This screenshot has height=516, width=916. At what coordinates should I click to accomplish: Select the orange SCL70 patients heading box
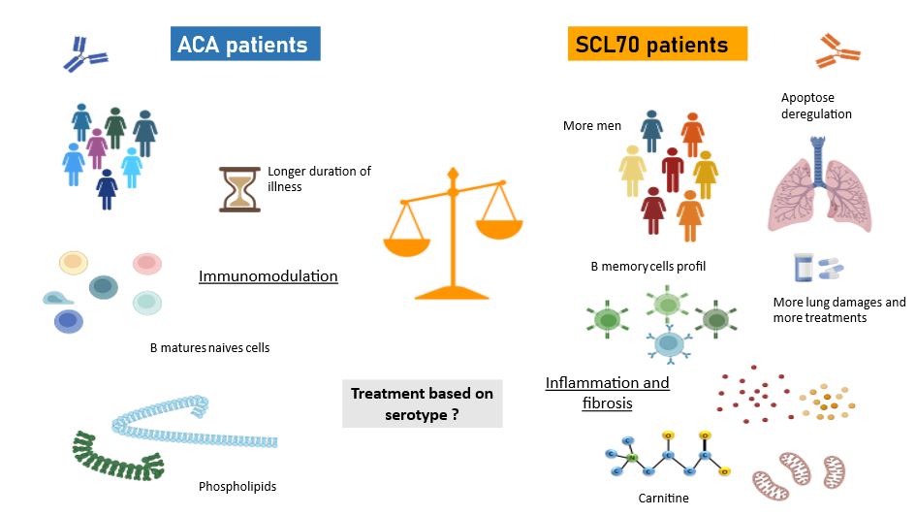[658, 44]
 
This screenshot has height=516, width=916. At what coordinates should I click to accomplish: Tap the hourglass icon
[237, 188]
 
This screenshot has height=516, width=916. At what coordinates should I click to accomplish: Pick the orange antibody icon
[839, 50]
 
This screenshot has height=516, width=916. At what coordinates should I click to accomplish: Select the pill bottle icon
[804, 268]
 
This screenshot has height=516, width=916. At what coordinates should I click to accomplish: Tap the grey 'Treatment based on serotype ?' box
[422, 403]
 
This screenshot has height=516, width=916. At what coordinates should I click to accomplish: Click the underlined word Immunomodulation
[268, 276]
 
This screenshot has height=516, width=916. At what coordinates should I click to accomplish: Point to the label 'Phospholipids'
[237, 486]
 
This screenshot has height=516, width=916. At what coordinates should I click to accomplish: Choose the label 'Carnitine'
[663, 498]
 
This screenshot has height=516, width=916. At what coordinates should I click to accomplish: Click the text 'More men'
[591, 126]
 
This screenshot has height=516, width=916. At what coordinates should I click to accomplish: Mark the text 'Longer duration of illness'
[319, 178]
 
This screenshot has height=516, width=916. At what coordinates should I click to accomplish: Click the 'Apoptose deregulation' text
[816, 106]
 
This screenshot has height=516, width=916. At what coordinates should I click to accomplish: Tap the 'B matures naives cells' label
[209, 346]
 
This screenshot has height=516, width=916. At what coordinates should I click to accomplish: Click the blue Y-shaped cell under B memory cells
[668, 343]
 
